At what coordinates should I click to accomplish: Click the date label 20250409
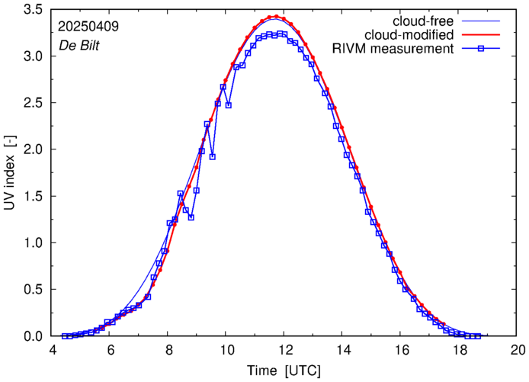pyautogui.click(x=88, y=26)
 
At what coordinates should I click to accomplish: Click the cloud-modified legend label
pyautogui.click(x=409, y=35)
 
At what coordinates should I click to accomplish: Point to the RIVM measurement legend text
pyautogui.click(x=394, y=50)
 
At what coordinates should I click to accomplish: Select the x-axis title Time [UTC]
pyautogui.click(x=283, y=371)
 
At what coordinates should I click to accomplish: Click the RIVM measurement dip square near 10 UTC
pyautogui.click(x=228, y=104)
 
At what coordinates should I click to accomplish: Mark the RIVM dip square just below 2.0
pyautogui.click(x=212, y=156)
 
